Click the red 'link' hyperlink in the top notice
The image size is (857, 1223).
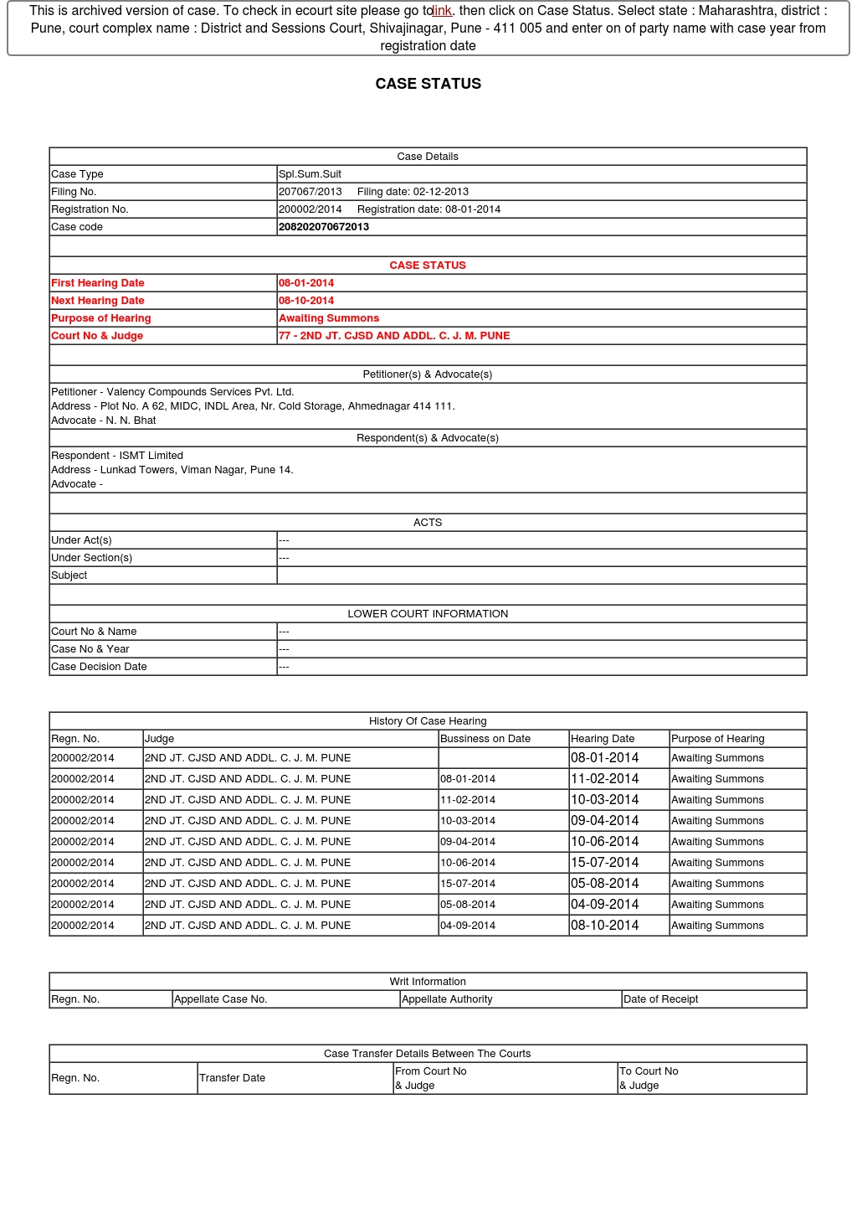pos(442,11)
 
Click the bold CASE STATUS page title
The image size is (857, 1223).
pos(428,84)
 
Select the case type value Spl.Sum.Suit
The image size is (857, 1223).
pos(310,174)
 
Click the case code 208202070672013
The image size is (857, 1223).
pos(323,227)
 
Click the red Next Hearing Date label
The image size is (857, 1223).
pos(98,301)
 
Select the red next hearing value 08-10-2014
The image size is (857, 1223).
pos(306,301)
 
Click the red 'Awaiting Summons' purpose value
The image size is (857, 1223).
pos(329,318)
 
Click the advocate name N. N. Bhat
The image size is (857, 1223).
pos(131,421)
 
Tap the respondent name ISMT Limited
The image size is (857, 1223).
pos(151,456)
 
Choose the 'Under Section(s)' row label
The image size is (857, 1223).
pos(91,558)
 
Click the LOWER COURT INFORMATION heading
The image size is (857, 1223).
pos(428,614)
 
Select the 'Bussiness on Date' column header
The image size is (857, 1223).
pos(485,739)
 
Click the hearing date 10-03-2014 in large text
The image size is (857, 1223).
pos(604,800)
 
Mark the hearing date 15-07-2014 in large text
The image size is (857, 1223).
pos(604,863)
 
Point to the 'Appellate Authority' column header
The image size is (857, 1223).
pos(447,999)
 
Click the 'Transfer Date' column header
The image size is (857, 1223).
pos(232,1078)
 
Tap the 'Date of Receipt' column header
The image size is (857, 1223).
pos(660,999)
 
